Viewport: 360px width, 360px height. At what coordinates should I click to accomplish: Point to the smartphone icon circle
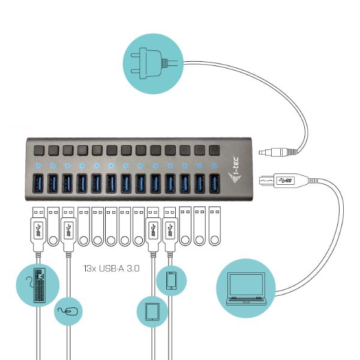coord(171,280)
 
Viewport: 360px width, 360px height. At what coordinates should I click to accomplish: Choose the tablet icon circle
coord(152,311)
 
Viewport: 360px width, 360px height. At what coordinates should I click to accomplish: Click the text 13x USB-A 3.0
coord(112,269)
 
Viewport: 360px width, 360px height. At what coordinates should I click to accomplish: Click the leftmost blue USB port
coord(37,183)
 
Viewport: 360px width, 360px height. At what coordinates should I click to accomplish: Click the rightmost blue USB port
coord(214,183)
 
